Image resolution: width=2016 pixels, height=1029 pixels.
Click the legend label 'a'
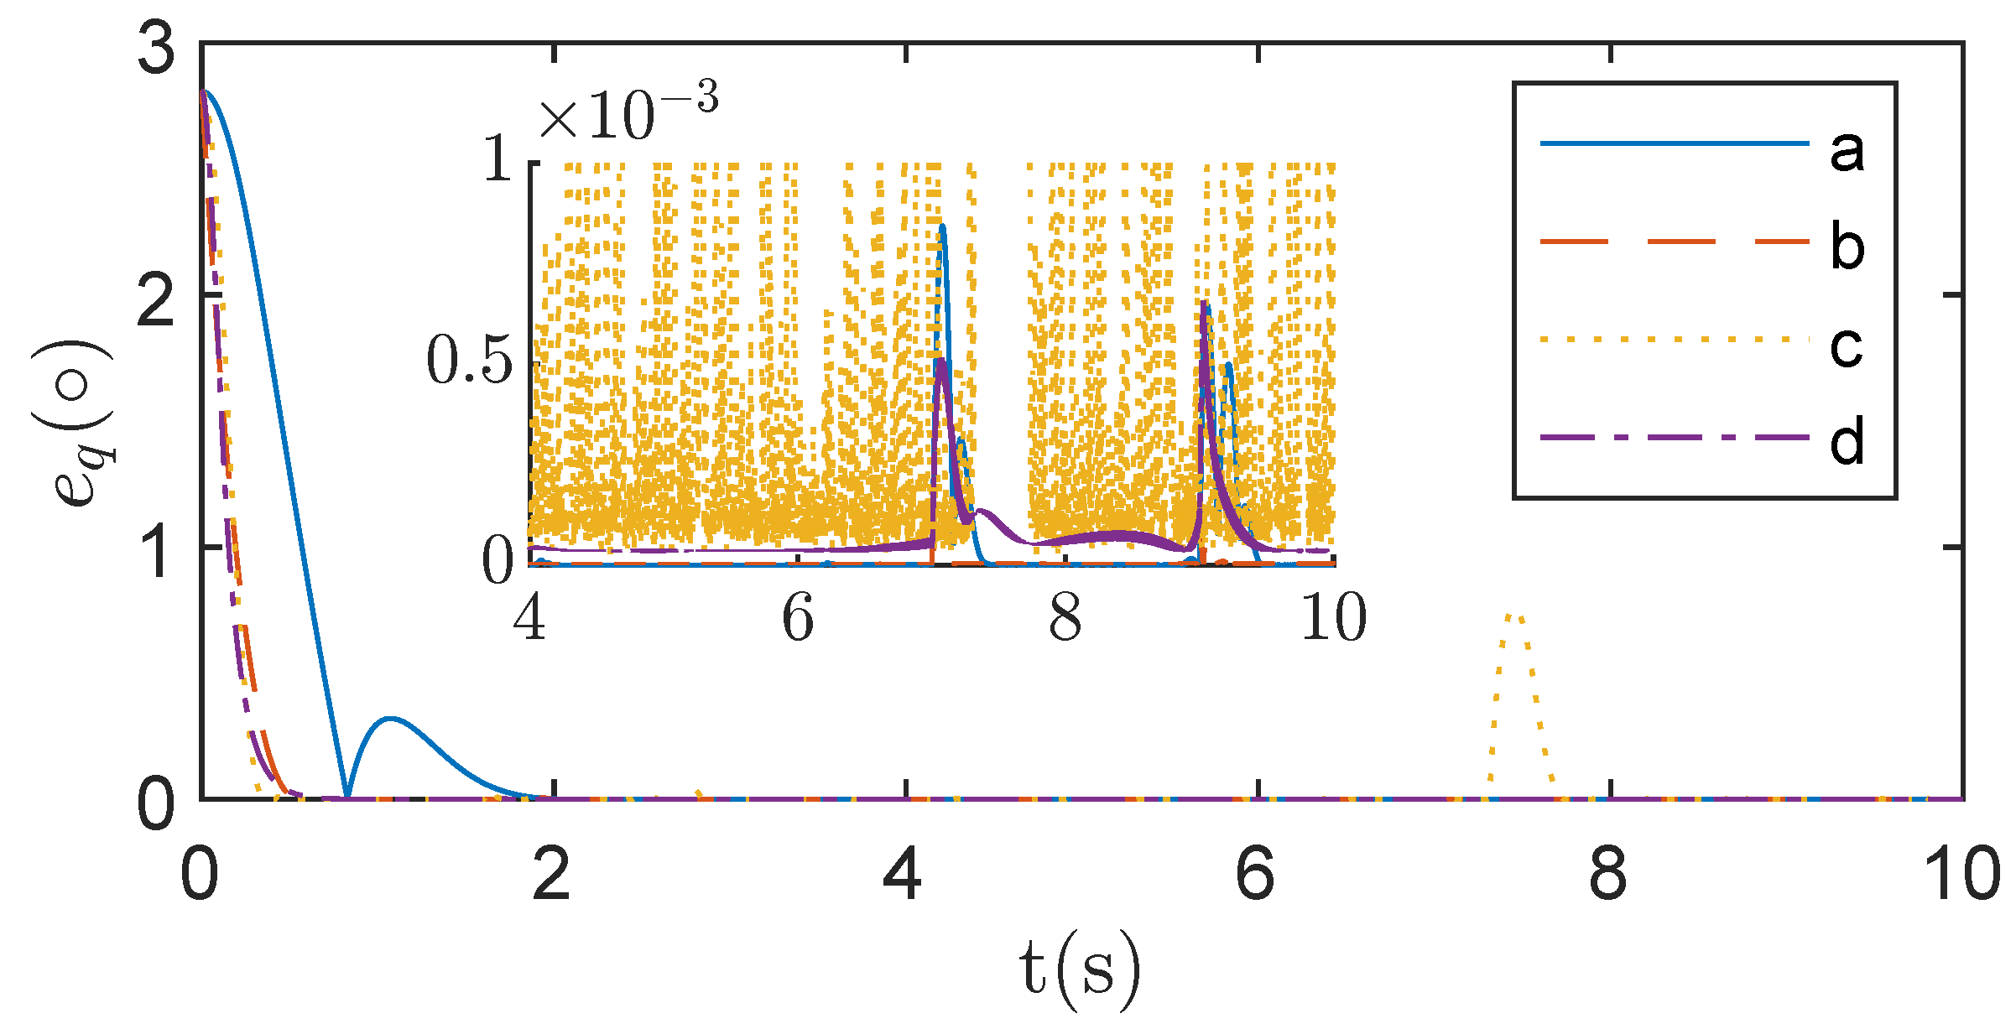1847,152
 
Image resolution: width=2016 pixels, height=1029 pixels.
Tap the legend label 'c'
1847,346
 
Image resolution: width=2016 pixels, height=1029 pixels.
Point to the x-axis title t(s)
1080,969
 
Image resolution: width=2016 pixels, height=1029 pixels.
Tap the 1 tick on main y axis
157,552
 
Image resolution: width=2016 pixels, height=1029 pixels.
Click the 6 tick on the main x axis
1256,874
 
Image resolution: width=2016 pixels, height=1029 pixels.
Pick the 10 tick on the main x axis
1961,874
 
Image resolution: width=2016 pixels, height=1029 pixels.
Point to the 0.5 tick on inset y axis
470,361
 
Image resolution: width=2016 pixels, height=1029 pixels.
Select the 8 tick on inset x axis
1065,618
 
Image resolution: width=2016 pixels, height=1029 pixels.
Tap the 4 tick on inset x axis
529,618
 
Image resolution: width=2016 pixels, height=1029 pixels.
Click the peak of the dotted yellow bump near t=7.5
1515,616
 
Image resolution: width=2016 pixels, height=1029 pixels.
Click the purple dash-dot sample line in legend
1674,437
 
